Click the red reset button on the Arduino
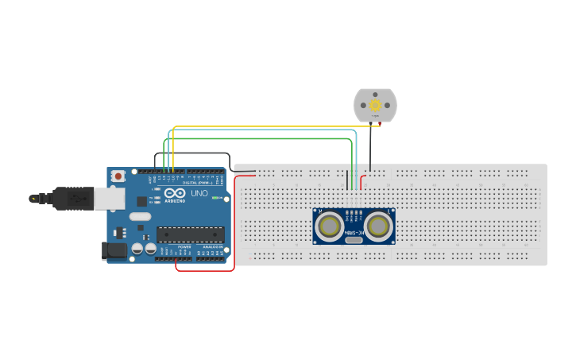[x=118, y=176]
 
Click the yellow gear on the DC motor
[x=375, y=104]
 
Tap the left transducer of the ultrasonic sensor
[x=329, y=226]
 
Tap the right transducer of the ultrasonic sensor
[x=379, y=226]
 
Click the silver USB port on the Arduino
[x=110, y=198]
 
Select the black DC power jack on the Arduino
[x=115, y=251]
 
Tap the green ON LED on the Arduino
[x=216, y=197]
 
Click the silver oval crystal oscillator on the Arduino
[x=140, y=216]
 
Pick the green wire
[x=262, y=138]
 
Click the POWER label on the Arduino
[x=184, y=247]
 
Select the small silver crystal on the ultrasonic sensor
[x=354, y=238]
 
